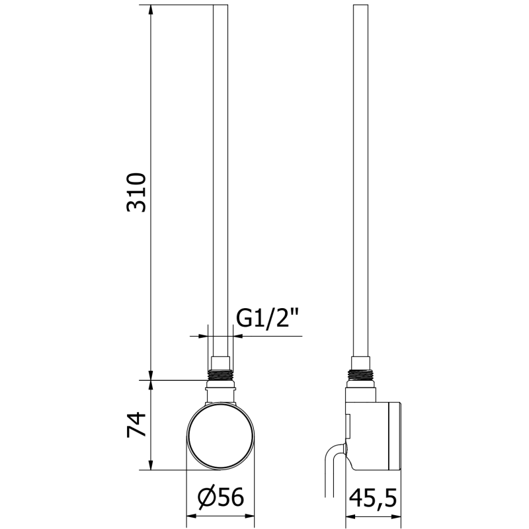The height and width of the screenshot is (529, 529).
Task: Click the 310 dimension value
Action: (x=136, y=192)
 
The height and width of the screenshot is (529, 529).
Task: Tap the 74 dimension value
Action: (x=136, y=425)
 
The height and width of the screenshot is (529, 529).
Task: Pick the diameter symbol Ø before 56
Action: (x=206, y=496)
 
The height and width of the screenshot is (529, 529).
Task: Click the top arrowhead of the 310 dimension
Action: (x=151, y=11)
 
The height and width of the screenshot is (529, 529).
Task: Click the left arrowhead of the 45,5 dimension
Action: (x=348, y=514)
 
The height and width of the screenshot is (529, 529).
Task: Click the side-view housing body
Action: (x=374, y=433)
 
